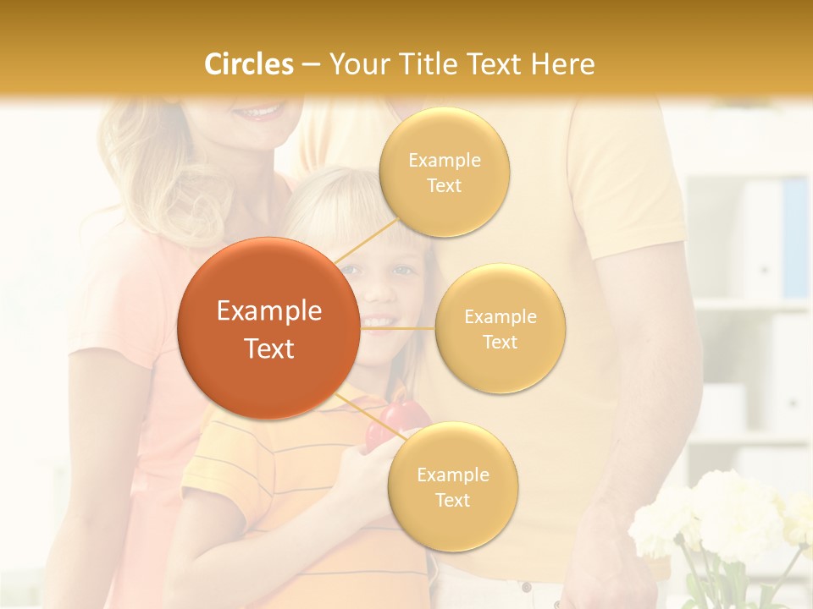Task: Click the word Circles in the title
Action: (x=249, y=64)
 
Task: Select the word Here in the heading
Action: (x=562, y=64)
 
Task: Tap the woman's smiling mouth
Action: (x=258, y=112)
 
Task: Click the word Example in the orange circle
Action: (x=269, y=311)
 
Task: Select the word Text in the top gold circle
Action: (x=444, y=186)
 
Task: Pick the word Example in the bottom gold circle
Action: (x=453, y=475)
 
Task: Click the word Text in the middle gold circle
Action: (x=500, y=342)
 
